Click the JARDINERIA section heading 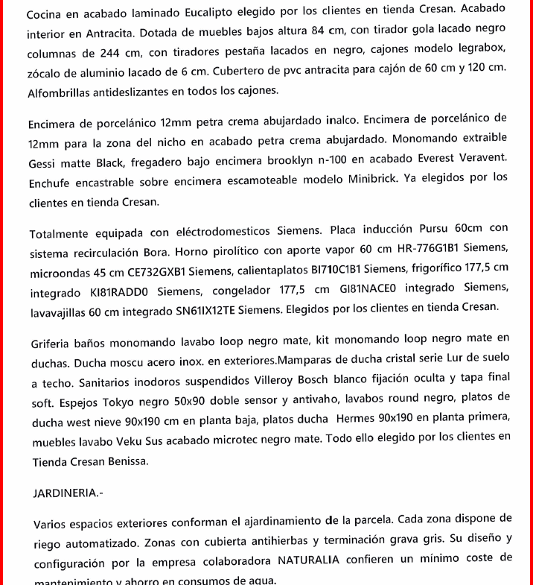66,493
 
